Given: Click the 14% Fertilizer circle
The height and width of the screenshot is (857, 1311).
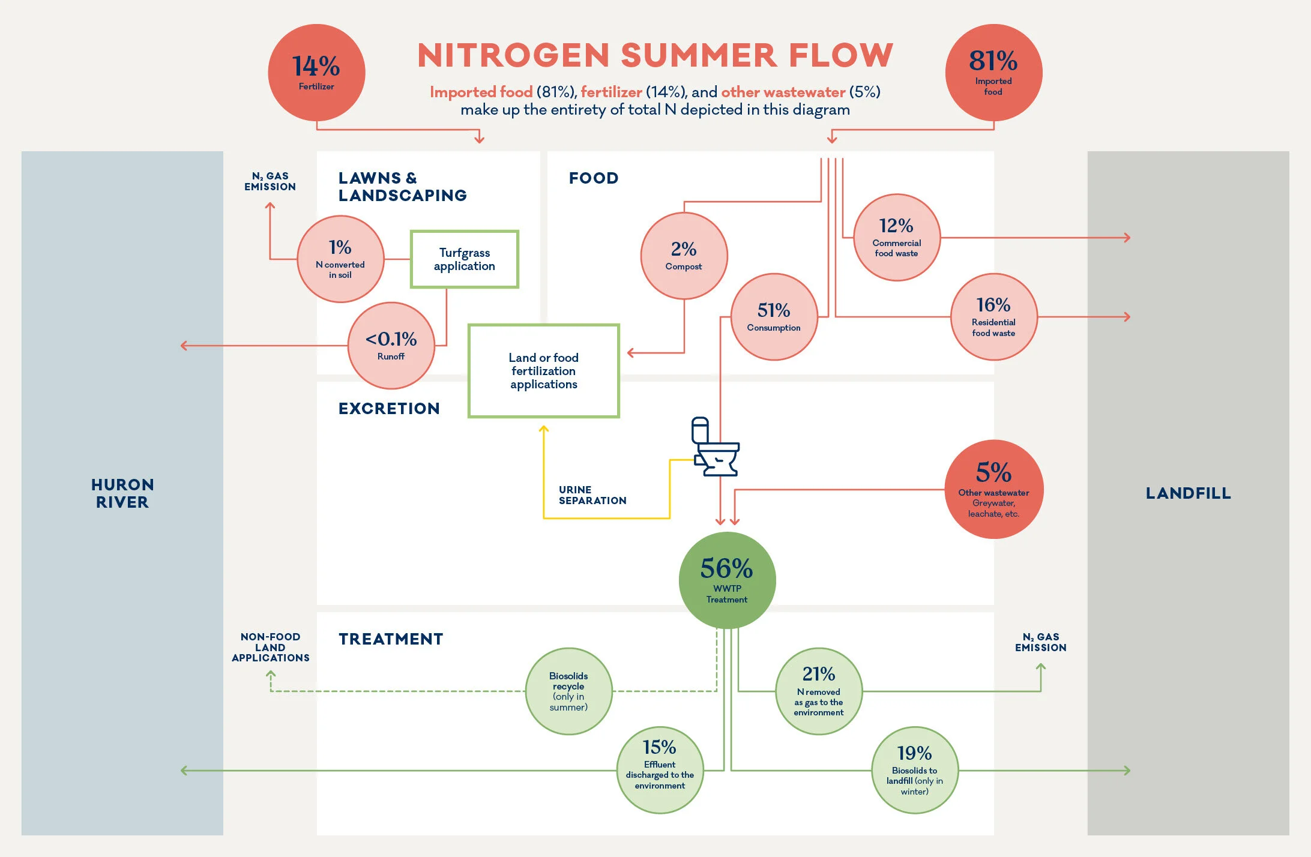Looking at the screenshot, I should pyautogui.click(x=316, y=73).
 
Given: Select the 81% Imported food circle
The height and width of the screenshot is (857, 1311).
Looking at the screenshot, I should pyautogui.click(x=993, y=73).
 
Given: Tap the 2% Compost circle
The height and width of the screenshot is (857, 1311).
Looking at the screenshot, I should pyautogui.click(x=684, y=256).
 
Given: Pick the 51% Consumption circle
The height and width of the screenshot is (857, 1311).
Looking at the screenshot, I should pyautogui.click(x=774, y=317).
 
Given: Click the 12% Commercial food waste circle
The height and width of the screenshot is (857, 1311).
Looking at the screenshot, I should pyautogui.click(x=896, y=238).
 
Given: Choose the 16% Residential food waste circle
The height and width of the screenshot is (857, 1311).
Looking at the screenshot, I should pyautogui.click(x=993, y=317).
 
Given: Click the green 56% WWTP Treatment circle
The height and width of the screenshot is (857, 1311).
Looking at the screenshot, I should pyautogui.click(x=727, y=580).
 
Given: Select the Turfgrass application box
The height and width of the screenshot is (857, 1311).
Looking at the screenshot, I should pyautogui.click(x=464, y=259).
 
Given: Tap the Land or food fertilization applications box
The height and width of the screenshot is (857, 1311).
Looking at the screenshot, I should pyautogui.click(x=543, y=371).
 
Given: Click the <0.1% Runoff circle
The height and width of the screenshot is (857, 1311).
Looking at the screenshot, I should pyautogui.click(x=391, y=346).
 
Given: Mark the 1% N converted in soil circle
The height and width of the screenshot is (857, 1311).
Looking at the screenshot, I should pyautogui.click(x=340, y=259).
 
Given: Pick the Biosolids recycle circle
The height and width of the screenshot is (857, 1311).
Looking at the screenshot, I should pyautogui.click(x=568, y=691).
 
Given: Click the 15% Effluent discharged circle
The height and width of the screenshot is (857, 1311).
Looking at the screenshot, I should pyautogui.click(x=660, y=770).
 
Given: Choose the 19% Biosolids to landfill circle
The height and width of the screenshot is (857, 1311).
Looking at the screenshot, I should pyautogui.click(x=914, y=770).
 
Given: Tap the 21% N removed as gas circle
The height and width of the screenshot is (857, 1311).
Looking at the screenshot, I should pyautogui.click(x=819, y=691).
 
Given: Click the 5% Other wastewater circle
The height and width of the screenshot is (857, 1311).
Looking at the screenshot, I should pyautogui.click(x=993, y=489).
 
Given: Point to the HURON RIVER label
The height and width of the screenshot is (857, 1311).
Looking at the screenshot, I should pyautogui.click(x=122, y=493).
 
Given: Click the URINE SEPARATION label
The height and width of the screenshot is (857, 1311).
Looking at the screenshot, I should pyautogui.click(x=592, y=495).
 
